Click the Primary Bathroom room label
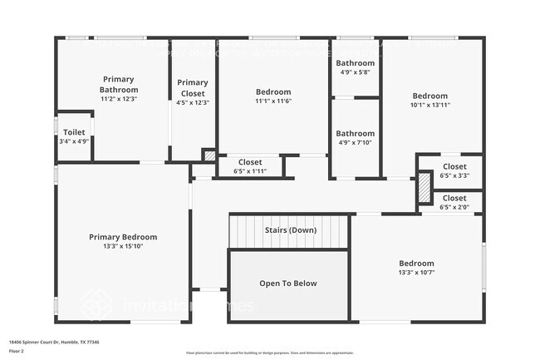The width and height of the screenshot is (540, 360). tap(119, 85)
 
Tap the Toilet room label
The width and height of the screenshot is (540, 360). tap(74, 132)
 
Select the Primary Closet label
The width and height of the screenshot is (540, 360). tap(193, 86)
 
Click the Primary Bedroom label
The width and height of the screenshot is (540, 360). tap(123, 237)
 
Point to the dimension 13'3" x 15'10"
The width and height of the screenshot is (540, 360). tap(123, 247)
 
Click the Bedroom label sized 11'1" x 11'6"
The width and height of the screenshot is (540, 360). tap(273, 91)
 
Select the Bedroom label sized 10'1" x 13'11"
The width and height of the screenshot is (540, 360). tap(430, 96)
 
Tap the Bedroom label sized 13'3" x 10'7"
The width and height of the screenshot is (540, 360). tap(416, 263)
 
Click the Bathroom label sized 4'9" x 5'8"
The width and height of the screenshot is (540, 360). tap(355, 62)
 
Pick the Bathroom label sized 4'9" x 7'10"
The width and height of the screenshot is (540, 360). tap(355, 133)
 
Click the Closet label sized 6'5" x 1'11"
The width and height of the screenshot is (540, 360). tap(250, 162)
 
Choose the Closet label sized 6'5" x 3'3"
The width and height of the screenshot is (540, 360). tap(454, 166)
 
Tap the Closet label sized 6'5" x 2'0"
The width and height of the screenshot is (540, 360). tap(454, 198)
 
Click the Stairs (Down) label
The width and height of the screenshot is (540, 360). tap(290, 229)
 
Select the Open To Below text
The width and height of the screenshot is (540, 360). tap(288, 284)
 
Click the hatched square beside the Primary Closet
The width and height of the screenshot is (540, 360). tap(209, 155)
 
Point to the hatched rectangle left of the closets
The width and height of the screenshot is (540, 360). tap(424, 187)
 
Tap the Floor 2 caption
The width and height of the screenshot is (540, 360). tap(17, 351)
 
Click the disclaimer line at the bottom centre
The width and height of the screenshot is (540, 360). tap(270, 353)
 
